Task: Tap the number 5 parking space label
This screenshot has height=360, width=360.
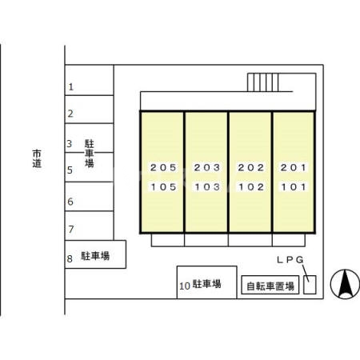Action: click(x=70, y=170)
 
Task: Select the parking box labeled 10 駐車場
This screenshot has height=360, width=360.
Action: click(x=206, y=283)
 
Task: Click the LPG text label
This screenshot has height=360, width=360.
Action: click(x=290, y=260)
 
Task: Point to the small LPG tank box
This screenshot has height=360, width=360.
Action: click(x=310, y=284)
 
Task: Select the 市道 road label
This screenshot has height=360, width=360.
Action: click(x=37, y=158)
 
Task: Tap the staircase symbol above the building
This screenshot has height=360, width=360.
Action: click(x=263, y=82)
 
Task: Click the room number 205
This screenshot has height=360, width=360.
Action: click(x=162, y=168)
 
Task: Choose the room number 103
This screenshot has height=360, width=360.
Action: click(x=206, y=188)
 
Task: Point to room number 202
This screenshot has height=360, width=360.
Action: click(x=250, y=168)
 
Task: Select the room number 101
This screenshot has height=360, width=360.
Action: click(x=293, y=188)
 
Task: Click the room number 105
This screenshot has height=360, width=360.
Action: click(x=162, y=188)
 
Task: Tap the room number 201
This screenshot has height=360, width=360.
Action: click(x=293, y=168)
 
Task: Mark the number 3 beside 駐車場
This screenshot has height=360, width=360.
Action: click(x=70, y=144)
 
